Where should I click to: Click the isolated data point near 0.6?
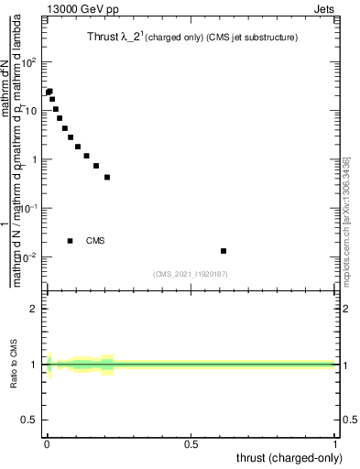[224, 251]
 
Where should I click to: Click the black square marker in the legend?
[71, 241]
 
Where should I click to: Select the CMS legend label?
[95, 241]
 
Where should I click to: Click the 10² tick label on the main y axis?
[32, 62]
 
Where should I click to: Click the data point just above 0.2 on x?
[107, 177]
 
